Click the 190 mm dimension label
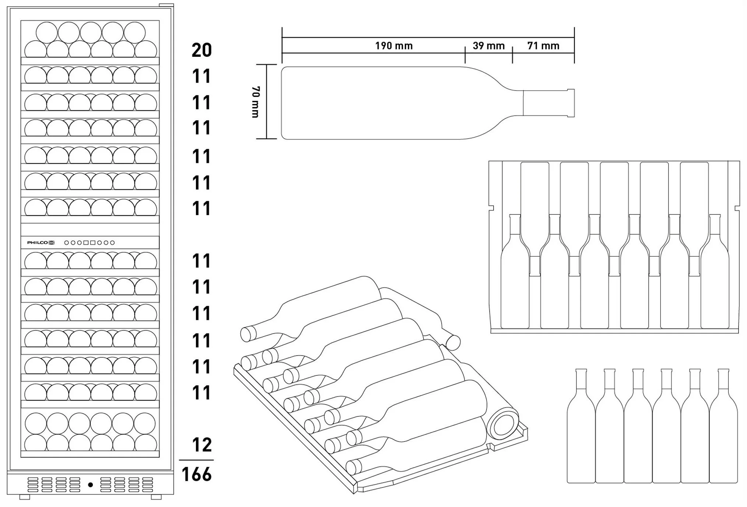coord(394,46)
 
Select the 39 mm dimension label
coord(488,46)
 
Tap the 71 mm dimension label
coord(543,46)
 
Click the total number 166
coord(197,475)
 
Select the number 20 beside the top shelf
coord(202,50)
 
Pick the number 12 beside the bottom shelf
coord(202,445)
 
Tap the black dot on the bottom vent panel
coord(91,485)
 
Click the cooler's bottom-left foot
coord(25,497)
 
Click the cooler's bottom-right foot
coord(156,497)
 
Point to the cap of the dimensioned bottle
coord(571,103)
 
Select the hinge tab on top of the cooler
coord(166,6)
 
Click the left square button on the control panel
coord(86,242)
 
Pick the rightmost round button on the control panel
coord(112,242)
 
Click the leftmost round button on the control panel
coord(66,242)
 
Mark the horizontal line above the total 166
coord(196,460)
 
